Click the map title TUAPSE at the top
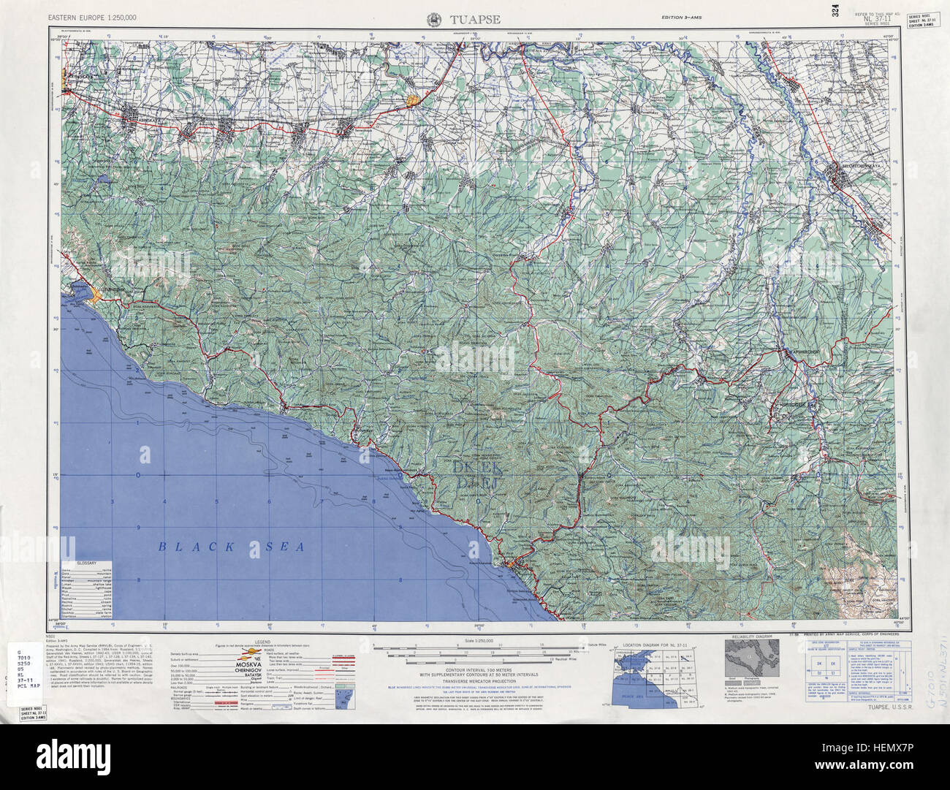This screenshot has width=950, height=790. tap(475, 20)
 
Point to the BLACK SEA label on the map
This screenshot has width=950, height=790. tap(231, 546)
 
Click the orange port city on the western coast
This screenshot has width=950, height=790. tap(96, 295)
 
